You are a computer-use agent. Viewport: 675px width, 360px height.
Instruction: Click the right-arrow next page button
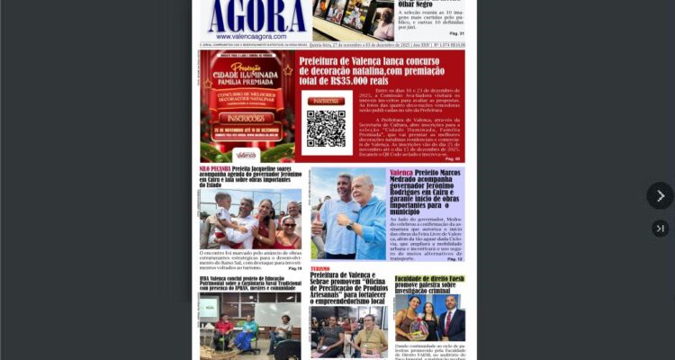660,195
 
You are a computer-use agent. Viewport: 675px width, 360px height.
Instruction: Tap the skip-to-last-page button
660,229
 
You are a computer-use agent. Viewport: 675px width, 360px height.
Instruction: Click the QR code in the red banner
325,128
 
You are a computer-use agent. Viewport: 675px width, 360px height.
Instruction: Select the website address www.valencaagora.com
256,38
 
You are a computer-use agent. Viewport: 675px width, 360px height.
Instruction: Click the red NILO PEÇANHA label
215,168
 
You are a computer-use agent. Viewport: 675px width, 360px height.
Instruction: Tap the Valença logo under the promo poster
246,155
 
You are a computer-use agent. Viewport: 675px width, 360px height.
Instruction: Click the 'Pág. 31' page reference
456,32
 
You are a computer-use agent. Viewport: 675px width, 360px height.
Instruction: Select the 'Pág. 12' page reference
454,258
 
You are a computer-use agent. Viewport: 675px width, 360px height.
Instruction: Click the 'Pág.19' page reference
295,267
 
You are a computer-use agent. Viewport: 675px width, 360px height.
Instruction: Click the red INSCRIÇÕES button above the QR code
325,101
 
